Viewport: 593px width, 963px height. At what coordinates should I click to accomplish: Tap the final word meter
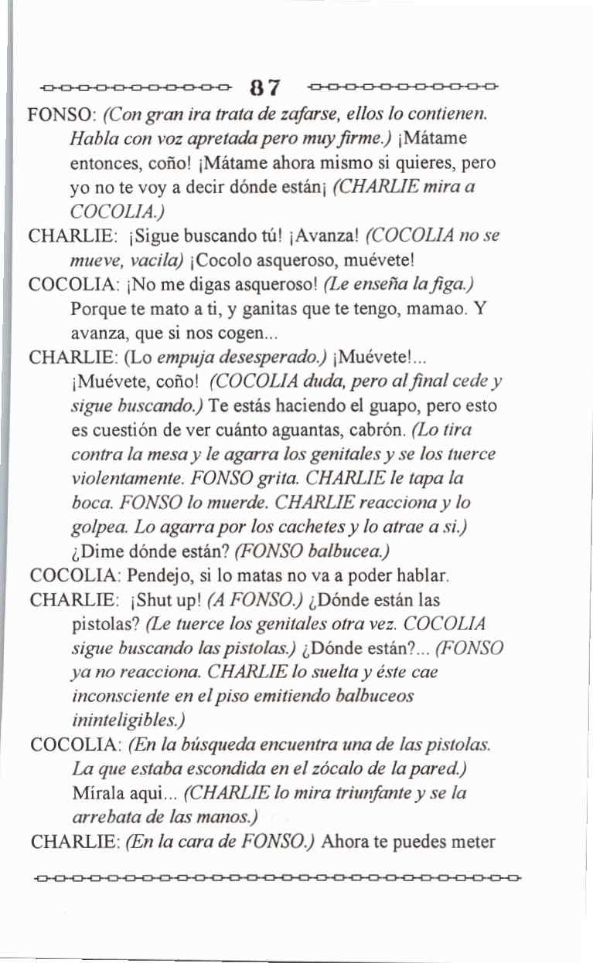(x=472, y=841)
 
